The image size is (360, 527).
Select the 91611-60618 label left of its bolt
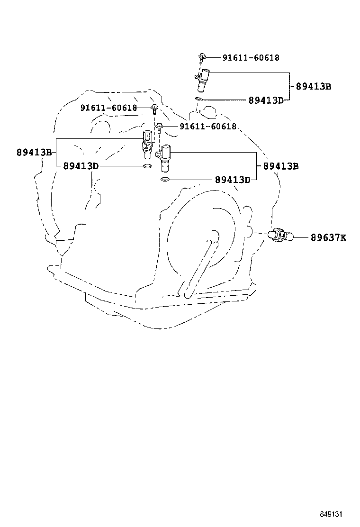tap(108, 108)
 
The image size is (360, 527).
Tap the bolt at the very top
tap(202, 57)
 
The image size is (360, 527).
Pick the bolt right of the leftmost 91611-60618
tap(154, 109)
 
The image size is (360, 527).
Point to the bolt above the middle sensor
tap(160, 127)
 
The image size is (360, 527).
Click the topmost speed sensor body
tap(202, 79)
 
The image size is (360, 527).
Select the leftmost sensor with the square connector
tap(147, 142)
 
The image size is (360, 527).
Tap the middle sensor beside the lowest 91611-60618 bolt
tap(166, 158)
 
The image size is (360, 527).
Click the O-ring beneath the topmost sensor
tap(199, 99)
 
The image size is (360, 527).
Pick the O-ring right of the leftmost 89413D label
tap(147, 166)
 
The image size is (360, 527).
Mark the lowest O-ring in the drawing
tap(165, 180)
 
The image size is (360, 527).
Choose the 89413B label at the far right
tap(313, 86)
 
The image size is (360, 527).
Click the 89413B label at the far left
tap(34, 153)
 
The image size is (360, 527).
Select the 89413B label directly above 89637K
tap(281, 166)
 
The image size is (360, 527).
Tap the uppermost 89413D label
tap(266, 100)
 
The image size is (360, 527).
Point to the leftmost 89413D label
tap(81, 166)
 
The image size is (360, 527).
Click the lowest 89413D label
tap(232, 180)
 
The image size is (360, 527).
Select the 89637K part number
tap(328, 237)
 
